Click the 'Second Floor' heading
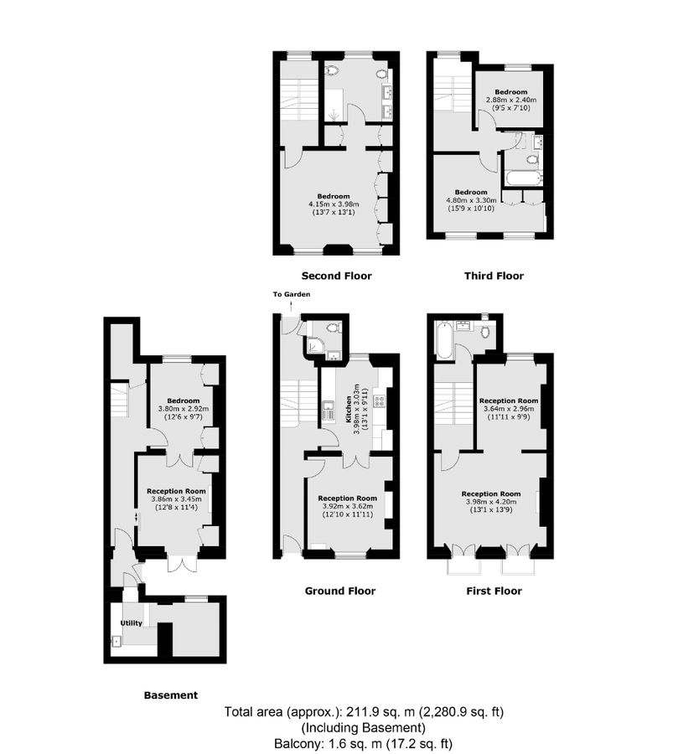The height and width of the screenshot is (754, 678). pyautogui.click(x=336, y=276)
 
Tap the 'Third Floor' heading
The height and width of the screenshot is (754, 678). pyautogui.click(x=494, y=276)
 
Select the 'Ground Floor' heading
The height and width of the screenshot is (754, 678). pyautogui.click(x=339, y=591)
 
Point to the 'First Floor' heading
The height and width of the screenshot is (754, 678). pyautogui.click(x=494, y=591)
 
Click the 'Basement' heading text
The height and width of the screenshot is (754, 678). pyautogui.click(x=171, y=695)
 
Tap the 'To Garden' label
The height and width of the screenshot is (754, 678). pyautogui.click(x=292, y=295)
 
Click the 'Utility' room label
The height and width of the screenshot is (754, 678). pyautogui.click(x=132, y=623)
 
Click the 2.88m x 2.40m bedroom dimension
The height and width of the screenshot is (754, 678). pyautogui.click(x=510, y=100)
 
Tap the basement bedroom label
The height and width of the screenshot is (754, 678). pyautogui.click(x=184, y=400)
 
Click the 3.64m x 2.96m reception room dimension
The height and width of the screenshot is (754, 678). pyautogui.click(x=508, y=409)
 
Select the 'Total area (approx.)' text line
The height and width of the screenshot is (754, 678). pyautogui.click(x=363, y=713)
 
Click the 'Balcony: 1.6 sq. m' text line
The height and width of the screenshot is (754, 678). pyautogui.click(x=363, y=742)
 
